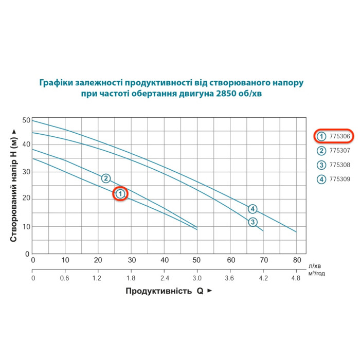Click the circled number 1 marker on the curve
(x=120, y=194)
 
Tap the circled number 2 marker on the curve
(x=105, y=178)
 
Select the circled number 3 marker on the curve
(x=253, y=222)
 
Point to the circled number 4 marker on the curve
(x=253, y=209)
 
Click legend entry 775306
(x=334, y=136)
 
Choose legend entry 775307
(x=334, y=151)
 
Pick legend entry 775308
(x=334, y=165)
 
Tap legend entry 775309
(x=334, y=179)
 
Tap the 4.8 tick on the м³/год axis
(x=297, y=278)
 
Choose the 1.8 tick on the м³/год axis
(x=132, y=278)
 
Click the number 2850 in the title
(x=232, y=95)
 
